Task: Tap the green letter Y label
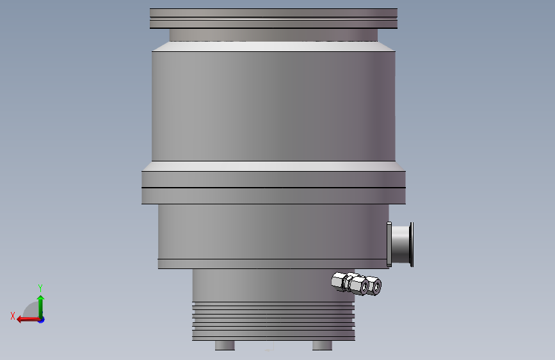40,288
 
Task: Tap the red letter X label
13,316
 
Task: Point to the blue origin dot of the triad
41,319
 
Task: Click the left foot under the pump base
225,345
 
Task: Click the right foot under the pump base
322,345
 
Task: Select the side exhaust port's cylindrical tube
401,243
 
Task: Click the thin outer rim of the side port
412,243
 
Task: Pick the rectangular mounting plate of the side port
389,243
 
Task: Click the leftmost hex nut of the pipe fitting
339,280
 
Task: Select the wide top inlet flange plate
273,18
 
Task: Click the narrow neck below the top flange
273,35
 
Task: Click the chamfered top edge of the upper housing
273,47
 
